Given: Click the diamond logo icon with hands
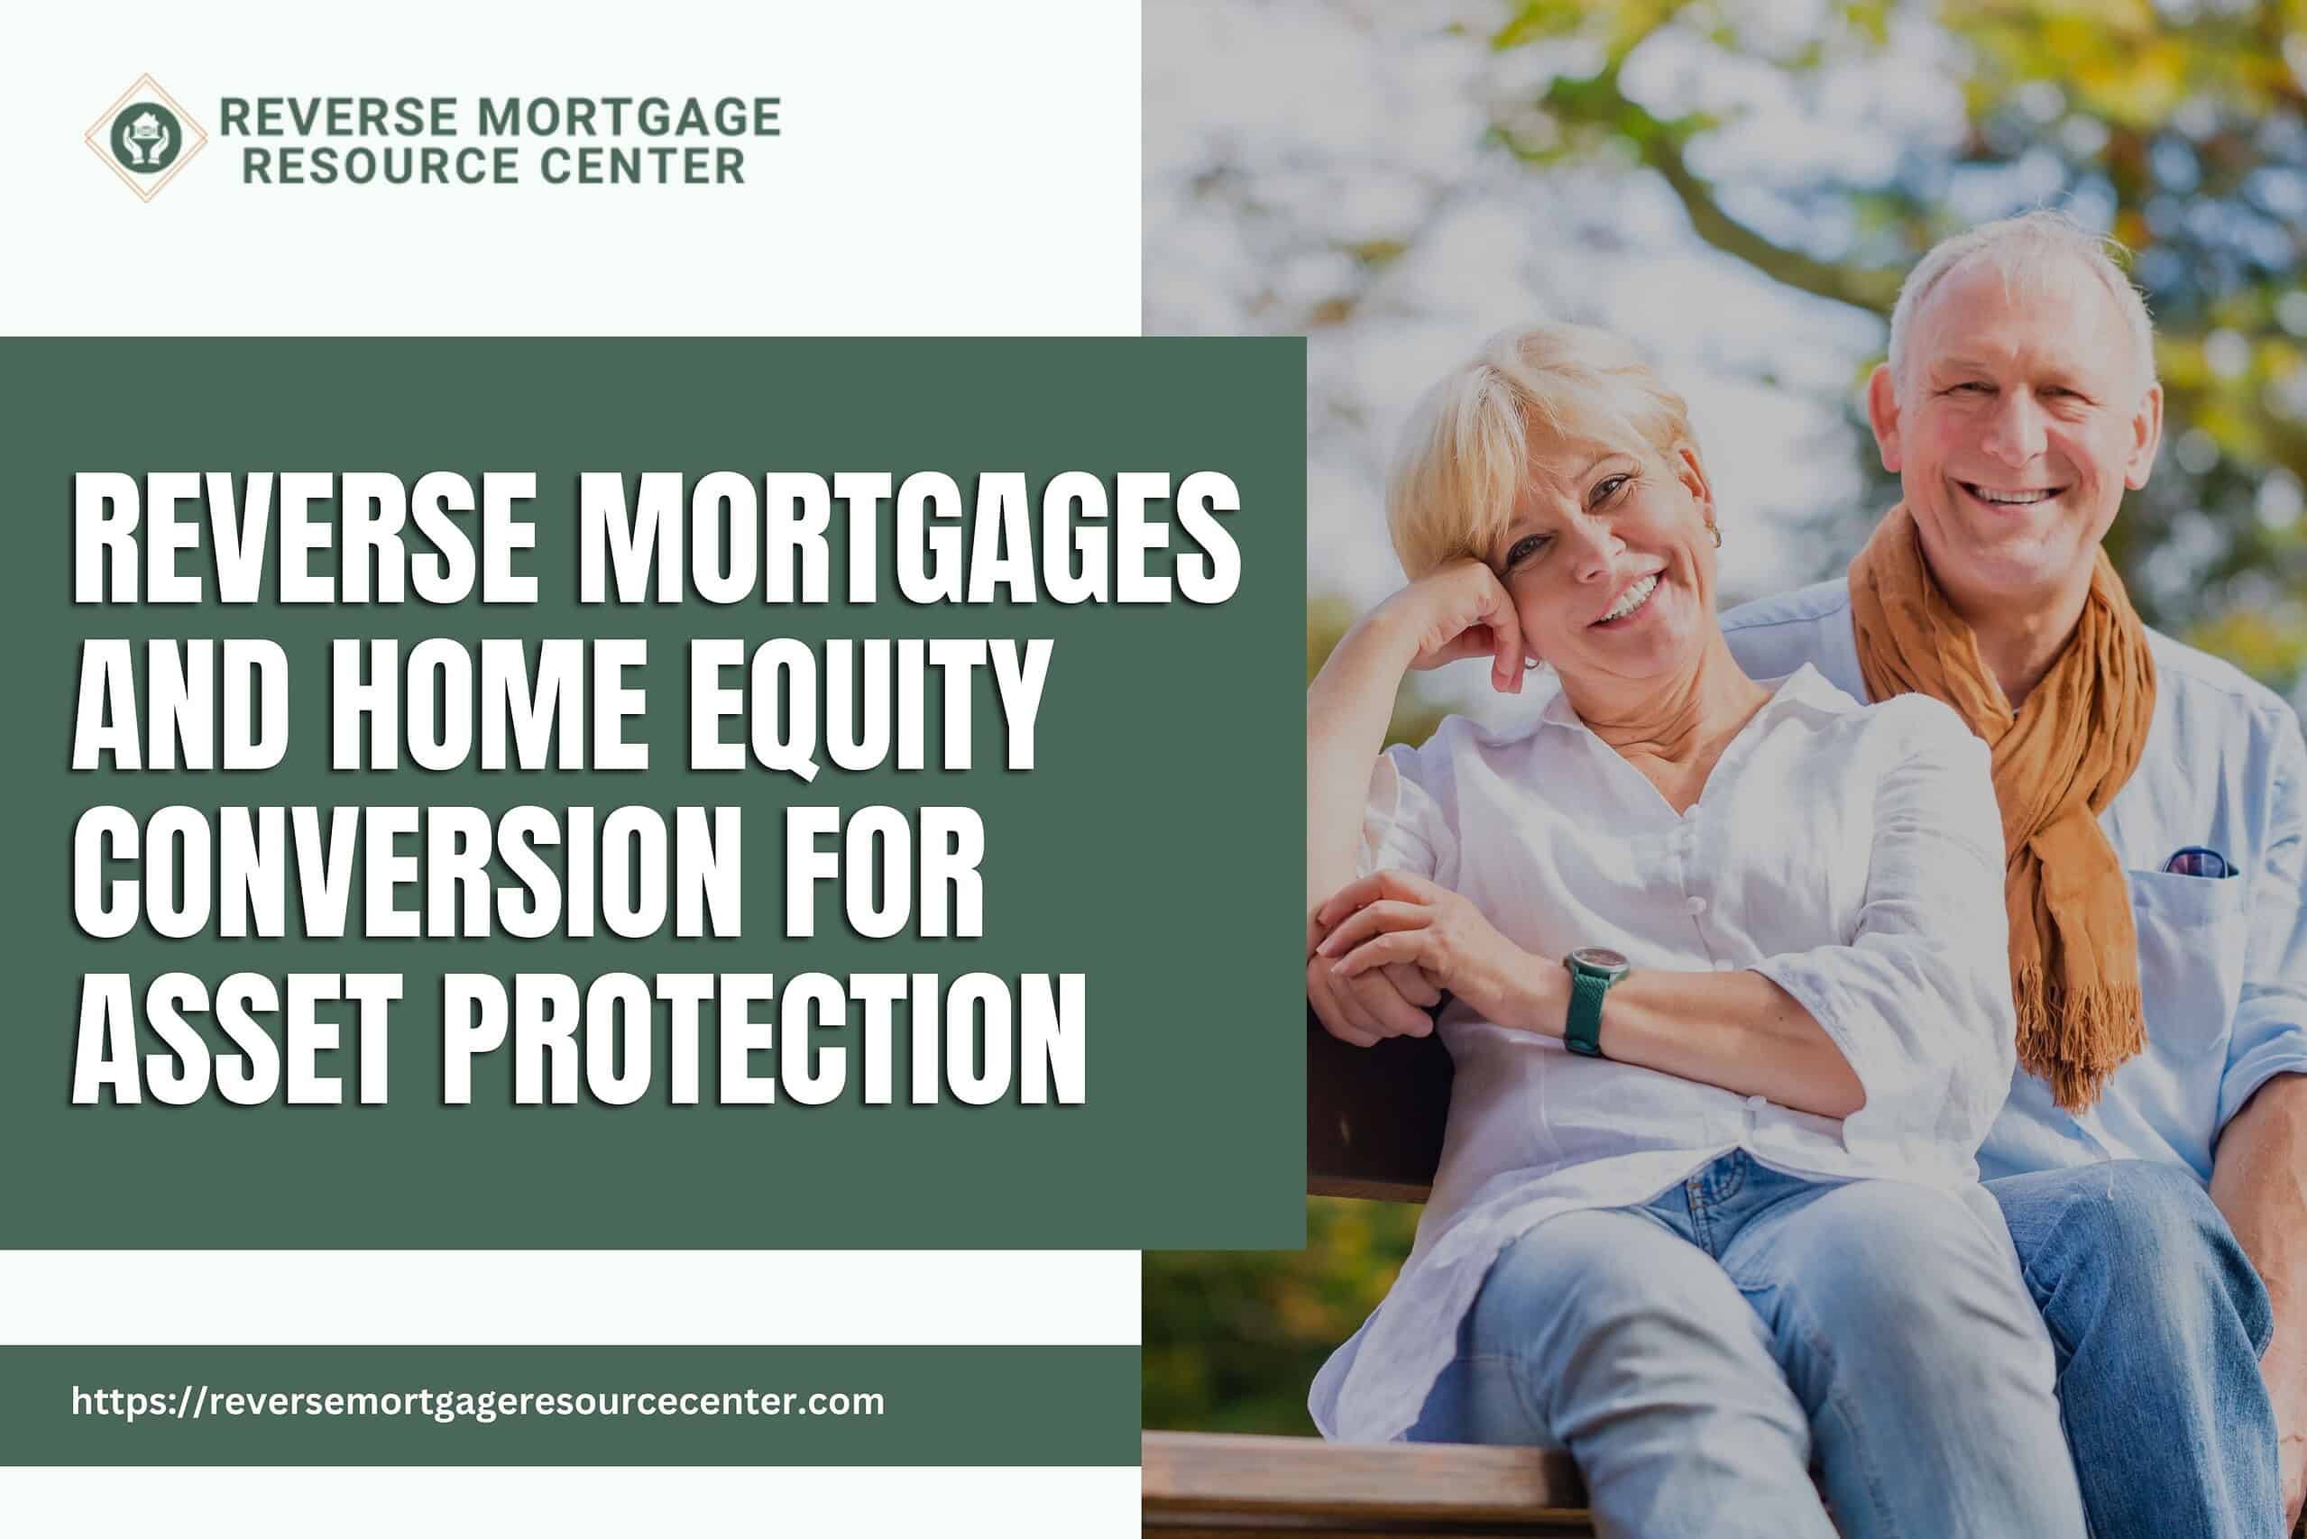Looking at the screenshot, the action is pyautogui.click(x=145, y=138).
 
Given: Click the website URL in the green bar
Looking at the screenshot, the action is pyautogui.click(x=478, y=1401).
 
